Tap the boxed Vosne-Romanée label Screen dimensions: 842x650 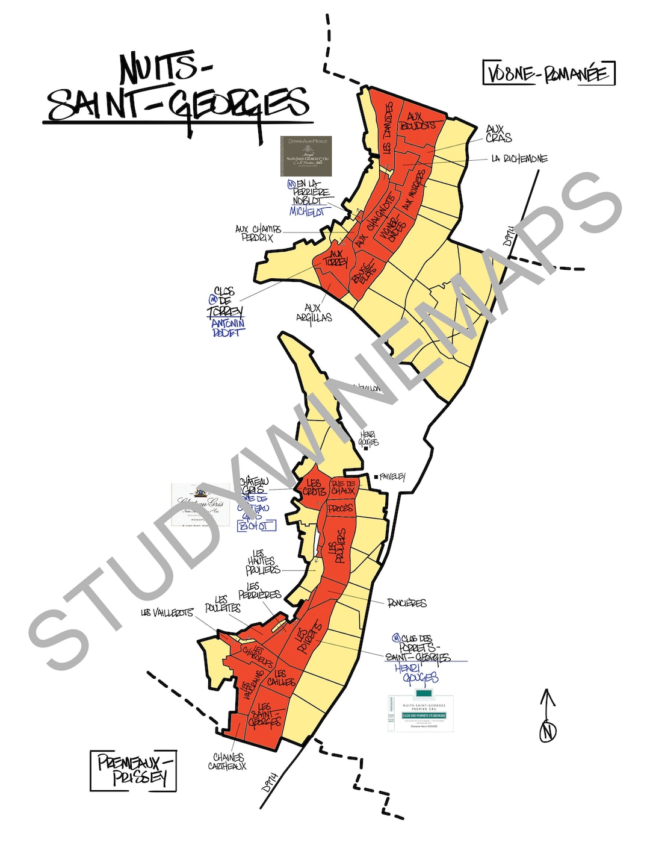pyautogui.click(x=548, y=73)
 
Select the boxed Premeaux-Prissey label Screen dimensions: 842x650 pyautogui.click(x=134, y=770)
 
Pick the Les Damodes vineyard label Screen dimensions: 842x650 pyautogui.click(x=388, y=128)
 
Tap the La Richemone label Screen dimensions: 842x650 pyautogui.click(x=519, y=159)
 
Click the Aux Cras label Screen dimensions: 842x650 pyautogui.click(x=498, y=134)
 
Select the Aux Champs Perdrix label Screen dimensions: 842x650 pyautogui.click(x=258, y=233)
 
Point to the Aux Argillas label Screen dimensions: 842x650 pyautogui.click(x=314, y=313)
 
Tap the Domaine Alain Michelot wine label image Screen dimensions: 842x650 pyautogui.click(x=306, y=156)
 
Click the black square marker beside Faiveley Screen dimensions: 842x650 pyautogui.click(x=376, y=477)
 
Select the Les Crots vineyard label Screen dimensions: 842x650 pyautogui.click(x=314, y=487)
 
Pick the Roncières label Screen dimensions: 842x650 pyautogui.click(x=407, y=603)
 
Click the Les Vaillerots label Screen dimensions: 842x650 pyautogui.click(x=167, y=613)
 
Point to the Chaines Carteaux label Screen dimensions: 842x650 pyautogui.click(x=227, y=761)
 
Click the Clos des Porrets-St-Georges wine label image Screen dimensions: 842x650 pyautogui.click(x=421, y=713)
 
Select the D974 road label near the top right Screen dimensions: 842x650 pyautogui.click(x=510, y=235)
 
